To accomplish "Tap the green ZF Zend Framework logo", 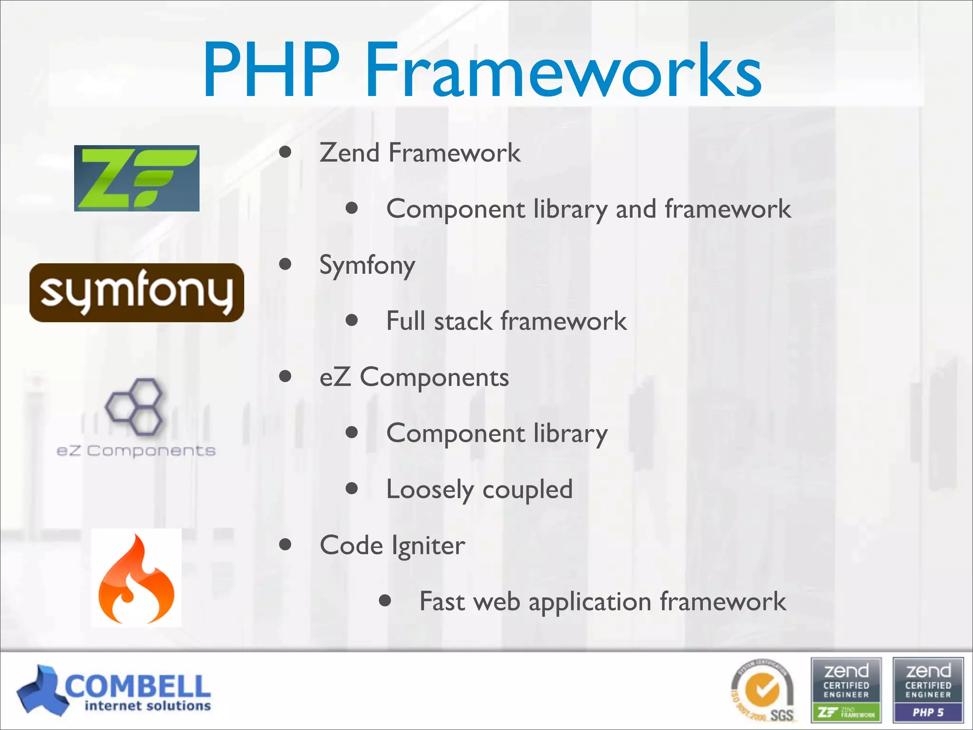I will tap(137, 178).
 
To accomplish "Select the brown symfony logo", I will tap(137, 293).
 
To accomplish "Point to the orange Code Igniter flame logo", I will tap(136, 578).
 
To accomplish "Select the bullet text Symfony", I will tap(367, 265).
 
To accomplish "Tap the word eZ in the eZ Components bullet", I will tap(335, 377).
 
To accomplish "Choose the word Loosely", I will tap(429, 490).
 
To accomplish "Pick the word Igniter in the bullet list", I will tap(428, 546).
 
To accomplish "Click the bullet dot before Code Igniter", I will tap(285, 545).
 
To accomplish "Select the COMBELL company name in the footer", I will tap(138, 686).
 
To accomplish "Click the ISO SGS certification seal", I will tap(763, 691).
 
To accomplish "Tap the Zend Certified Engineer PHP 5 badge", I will tap(928, 690).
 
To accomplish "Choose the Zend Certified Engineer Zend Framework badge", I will tap(846, 690).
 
